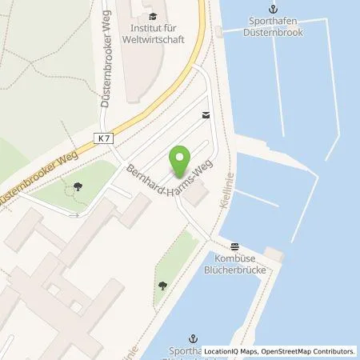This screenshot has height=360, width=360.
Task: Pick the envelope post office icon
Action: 206,115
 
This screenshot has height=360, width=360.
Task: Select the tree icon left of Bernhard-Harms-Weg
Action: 78,188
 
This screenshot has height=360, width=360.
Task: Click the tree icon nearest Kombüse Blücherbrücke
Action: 162,284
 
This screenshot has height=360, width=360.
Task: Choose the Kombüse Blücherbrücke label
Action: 235,264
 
